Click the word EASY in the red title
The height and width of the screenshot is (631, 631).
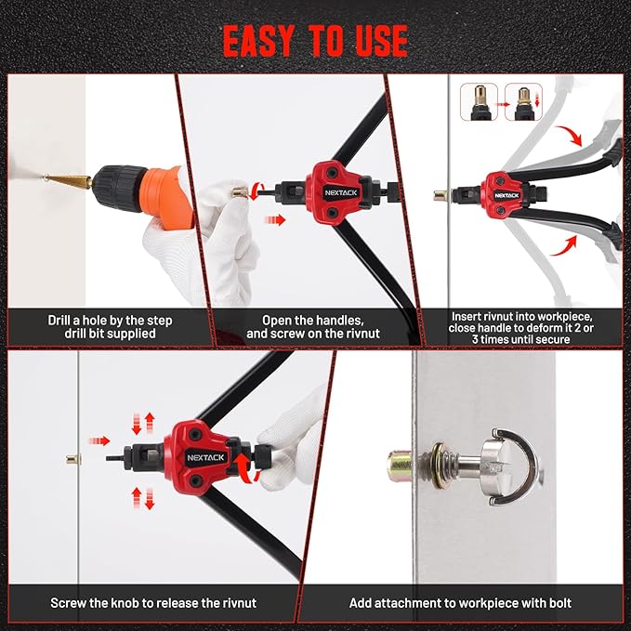257,41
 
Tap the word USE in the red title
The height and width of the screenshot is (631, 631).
382,41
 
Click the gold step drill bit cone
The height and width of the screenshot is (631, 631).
70,180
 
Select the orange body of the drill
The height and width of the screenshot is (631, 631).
167,197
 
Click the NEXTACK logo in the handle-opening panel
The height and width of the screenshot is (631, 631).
341,192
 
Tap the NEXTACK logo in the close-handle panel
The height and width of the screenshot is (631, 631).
506,195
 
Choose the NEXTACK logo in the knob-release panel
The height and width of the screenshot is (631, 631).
205,457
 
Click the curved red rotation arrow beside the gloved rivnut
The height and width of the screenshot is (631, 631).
256,191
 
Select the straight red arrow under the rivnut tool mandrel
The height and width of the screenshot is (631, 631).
275,219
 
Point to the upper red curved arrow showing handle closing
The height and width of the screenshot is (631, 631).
570,136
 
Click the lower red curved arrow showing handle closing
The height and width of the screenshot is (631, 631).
563,246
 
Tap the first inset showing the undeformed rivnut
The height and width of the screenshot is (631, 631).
479,102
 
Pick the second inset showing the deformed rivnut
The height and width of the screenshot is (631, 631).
523,102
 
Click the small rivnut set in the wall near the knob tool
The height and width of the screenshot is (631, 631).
73,459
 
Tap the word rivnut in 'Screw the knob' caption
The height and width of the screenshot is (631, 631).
240,603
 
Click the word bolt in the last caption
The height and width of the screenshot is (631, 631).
559,603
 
